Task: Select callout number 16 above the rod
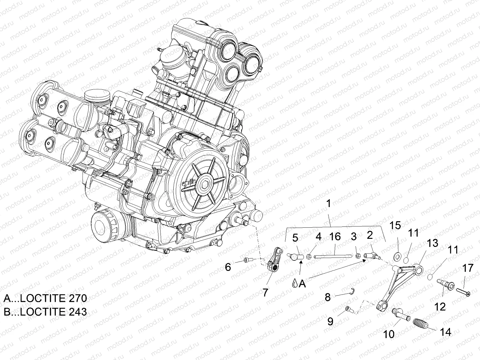click(x=335, y=237)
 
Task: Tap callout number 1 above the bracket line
click(x=328, y=204)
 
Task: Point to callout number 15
click(x=395, y=226)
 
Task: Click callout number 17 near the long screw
click(x=468, y=268)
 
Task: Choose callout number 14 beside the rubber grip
click(x=445, y=331)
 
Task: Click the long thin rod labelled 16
click(x=333, y=256)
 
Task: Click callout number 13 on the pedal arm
click(x=433, y=243)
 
